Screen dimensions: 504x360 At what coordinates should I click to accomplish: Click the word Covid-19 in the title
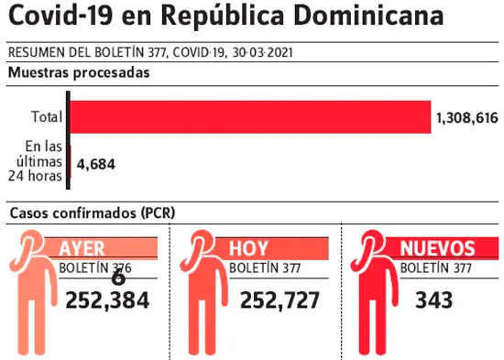[60, 15]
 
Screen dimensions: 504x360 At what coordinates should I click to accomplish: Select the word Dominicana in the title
[368, 15]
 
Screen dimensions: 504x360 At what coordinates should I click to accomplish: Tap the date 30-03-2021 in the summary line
[262, 52]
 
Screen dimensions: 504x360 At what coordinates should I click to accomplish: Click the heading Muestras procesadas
[79, 72]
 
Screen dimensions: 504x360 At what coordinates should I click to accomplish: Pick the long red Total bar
[250, 117]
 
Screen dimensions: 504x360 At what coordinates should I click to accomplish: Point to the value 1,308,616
[467, 118]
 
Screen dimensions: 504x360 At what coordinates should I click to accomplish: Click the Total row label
[47, 116]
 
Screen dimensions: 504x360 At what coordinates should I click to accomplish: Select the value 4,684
[96, 164]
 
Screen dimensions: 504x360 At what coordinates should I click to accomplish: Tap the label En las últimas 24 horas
[36, 161]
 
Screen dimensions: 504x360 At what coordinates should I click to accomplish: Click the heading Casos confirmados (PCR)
[93, 213]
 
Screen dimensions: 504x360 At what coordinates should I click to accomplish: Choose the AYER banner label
[82, 248]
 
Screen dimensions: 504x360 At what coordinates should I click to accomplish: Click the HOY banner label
[248, 248]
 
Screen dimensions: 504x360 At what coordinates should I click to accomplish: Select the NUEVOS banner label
[437, 248]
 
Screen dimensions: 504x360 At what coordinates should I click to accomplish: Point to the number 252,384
[107, 300]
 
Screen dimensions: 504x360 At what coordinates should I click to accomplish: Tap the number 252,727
[280, 300]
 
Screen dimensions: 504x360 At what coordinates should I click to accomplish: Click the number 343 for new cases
[434, 300]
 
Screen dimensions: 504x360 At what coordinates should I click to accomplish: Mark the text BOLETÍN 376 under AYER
[95, 268]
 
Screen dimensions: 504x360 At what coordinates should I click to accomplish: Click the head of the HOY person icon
[202, 244]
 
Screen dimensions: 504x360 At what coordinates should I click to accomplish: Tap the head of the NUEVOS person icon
[372, 244]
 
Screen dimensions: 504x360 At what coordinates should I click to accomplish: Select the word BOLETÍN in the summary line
[119, 52]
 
